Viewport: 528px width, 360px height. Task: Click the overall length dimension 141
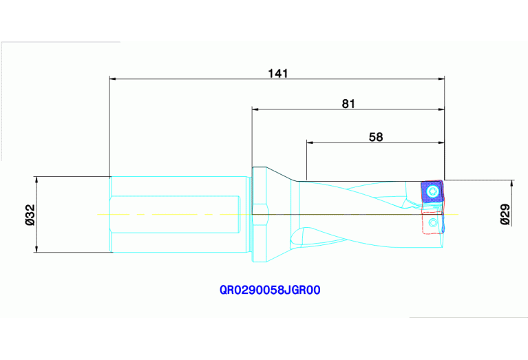(277, 72)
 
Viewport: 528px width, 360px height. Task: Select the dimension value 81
(348, 104)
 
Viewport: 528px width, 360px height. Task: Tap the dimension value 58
(376, 137)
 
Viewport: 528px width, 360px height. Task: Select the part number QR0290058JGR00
(270, 290)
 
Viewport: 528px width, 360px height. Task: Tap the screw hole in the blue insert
(433, 191)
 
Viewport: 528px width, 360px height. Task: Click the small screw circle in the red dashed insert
(431, 223)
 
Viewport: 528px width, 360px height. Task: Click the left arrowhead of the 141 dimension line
(114, 78)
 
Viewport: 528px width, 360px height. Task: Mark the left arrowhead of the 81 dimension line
(255, 109)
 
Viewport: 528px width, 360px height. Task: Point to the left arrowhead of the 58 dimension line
(310, 143)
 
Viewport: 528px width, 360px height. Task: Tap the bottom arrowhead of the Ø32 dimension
(37, 248)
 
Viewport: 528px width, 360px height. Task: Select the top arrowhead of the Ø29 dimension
(511, 184)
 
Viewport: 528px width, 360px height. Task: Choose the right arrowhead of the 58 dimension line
(441, 143)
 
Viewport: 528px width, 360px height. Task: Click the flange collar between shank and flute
(260, 214)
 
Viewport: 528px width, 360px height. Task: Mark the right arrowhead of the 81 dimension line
(441, 109)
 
